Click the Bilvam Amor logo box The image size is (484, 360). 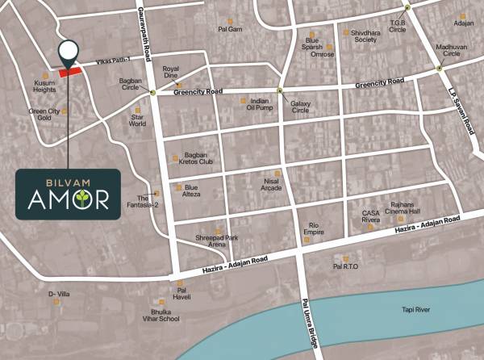(69, 194)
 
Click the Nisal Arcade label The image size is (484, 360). (277, 185)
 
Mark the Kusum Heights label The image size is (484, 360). (45, 86)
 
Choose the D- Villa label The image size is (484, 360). (59, 294)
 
